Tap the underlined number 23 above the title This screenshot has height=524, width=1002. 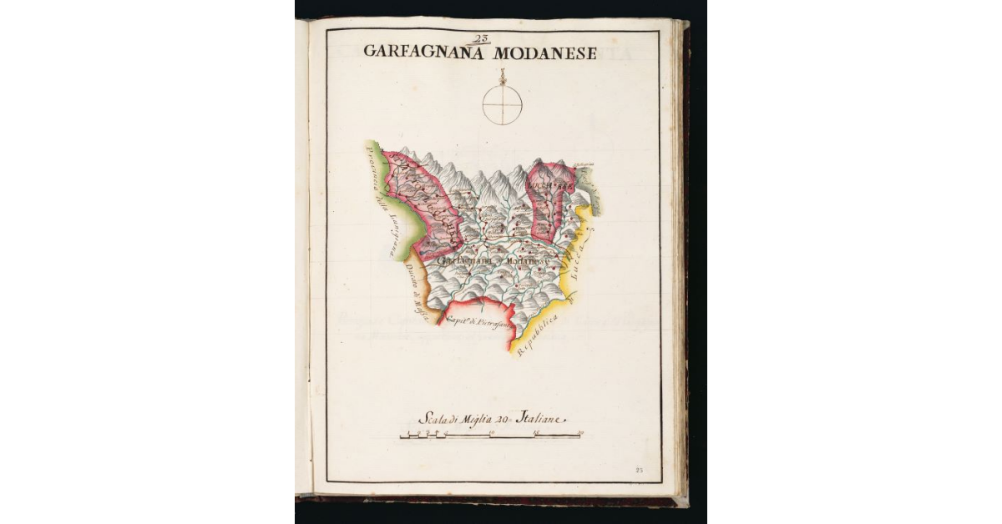tap(481, 38)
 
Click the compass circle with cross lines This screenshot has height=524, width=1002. tap(502, 106)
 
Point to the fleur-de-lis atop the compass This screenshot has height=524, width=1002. tap(502, 78)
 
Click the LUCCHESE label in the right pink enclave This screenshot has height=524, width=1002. tap(550, 186)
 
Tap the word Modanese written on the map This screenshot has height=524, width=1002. tap(527, 261)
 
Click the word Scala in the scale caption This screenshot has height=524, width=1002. tap(433, 419)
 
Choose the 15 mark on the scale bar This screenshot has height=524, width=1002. tap(536, 432)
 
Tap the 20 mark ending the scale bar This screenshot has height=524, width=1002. tap(580, 432)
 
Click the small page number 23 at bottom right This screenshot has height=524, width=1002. tap(640, 471)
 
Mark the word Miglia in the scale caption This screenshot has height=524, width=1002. tap(478, 419)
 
